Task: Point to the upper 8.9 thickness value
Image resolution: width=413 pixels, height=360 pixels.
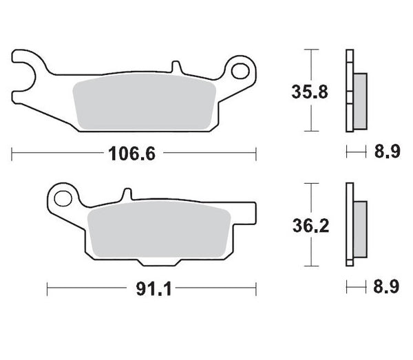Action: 385,153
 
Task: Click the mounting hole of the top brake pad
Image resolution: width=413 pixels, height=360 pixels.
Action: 240,71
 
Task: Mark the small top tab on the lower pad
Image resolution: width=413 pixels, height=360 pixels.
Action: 125,195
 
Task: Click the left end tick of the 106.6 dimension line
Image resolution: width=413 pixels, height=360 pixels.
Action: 12,153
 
